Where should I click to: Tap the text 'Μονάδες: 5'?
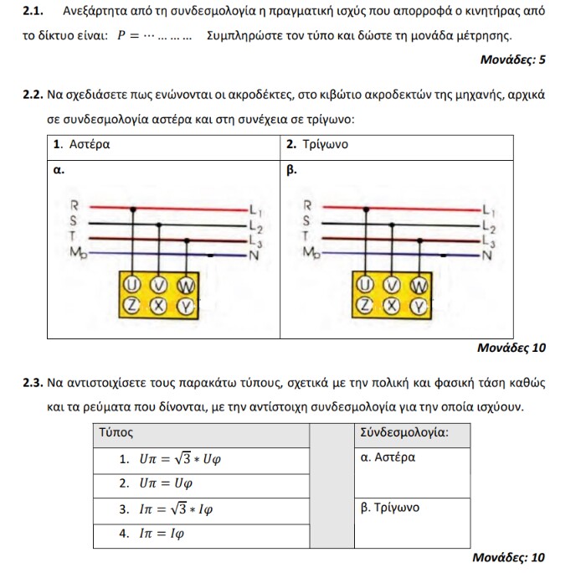512,60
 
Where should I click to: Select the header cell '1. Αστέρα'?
81,145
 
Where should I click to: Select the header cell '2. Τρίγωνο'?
317,145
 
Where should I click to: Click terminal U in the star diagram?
131,285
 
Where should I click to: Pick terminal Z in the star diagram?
131,306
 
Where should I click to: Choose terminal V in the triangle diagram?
388,285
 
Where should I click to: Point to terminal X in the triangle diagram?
388,306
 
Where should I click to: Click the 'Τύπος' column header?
116,433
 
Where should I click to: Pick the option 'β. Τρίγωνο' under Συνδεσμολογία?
389,508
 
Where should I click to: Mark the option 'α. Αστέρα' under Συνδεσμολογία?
388,458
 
